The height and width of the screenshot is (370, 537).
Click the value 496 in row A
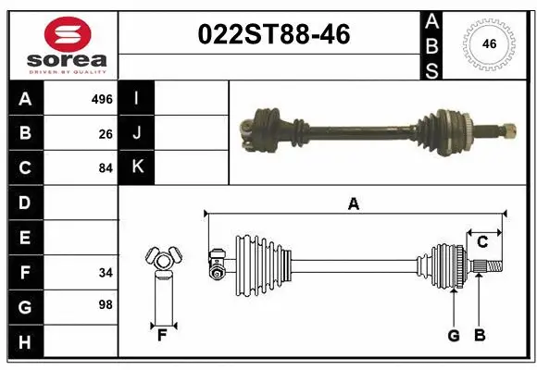point(102,99)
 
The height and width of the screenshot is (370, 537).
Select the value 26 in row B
point(106,134)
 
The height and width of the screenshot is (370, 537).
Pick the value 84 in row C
point(106,168)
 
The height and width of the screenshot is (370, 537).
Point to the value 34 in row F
point(106,273)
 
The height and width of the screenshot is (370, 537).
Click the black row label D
point(24,203)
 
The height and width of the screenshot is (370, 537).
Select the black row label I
point(137,98)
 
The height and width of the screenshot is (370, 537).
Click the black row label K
point(137,167)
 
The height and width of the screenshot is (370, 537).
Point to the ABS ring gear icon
point(487,43)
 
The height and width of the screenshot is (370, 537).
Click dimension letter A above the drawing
point(353,204)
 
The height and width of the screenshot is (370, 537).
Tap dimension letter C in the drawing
point(482,242)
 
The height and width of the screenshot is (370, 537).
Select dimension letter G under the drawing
point(454,336)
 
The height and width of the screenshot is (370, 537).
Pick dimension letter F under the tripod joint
point(162,336)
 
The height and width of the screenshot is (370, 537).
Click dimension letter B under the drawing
point(479,336)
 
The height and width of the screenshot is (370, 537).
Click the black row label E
point(24,238)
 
